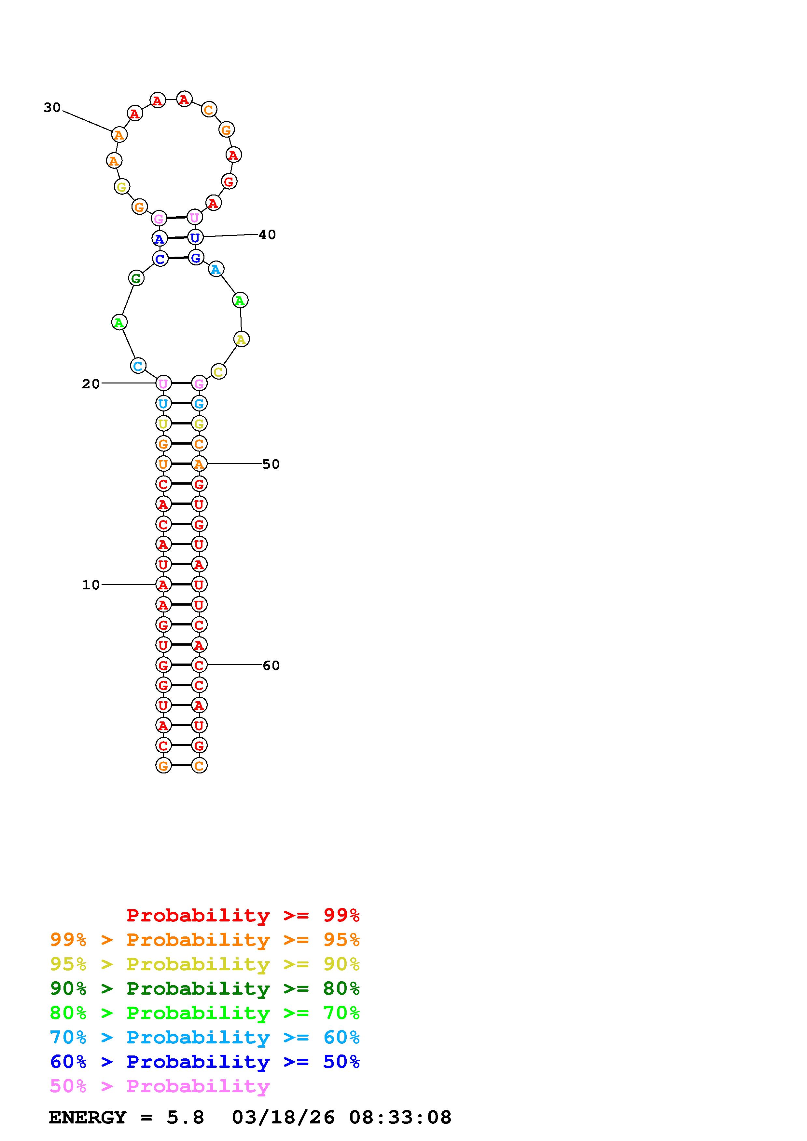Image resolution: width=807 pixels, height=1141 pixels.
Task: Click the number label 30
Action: pos(52,107)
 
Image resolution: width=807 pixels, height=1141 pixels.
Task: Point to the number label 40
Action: pos(267,235)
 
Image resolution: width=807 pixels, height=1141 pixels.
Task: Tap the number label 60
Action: pos(271,665)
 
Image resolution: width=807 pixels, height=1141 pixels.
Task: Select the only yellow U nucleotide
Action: pos(163,424)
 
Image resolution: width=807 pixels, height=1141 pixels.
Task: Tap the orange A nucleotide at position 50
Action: pos(199,464)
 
